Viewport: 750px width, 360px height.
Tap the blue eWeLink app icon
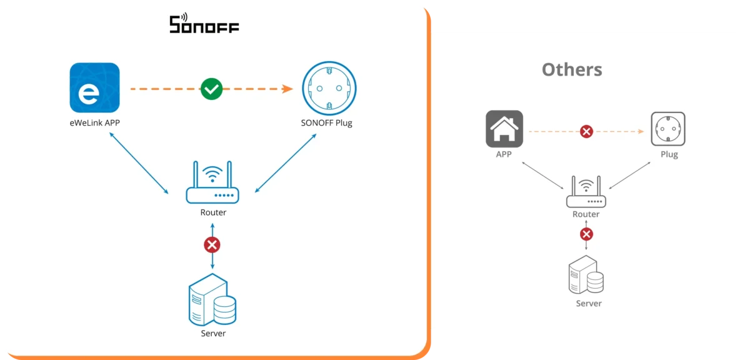[94, 88]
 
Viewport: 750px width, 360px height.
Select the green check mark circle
[211, 89]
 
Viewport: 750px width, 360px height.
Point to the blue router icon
[212, 183]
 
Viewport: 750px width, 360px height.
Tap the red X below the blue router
[212, 244]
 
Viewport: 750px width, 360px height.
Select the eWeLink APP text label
[95, 123]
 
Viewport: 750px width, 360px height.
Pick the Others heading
[572, 69]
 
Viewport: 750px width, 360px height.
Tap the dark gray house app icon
[504, 129]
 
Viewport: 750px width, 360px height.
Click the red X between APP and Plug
[586, 131]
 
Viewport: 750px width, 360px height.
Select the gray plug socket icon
[668, 129]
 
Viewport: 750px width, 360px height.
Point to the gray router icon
[586, 192]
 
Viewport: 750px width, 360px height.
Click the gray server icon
[586, 277]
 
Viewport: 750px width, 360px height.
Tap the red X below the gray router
[586, 234]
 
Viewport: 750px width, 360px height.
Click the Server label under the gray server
[588, 304]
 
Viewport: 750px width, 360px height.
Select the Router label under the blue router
[213, 212]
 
